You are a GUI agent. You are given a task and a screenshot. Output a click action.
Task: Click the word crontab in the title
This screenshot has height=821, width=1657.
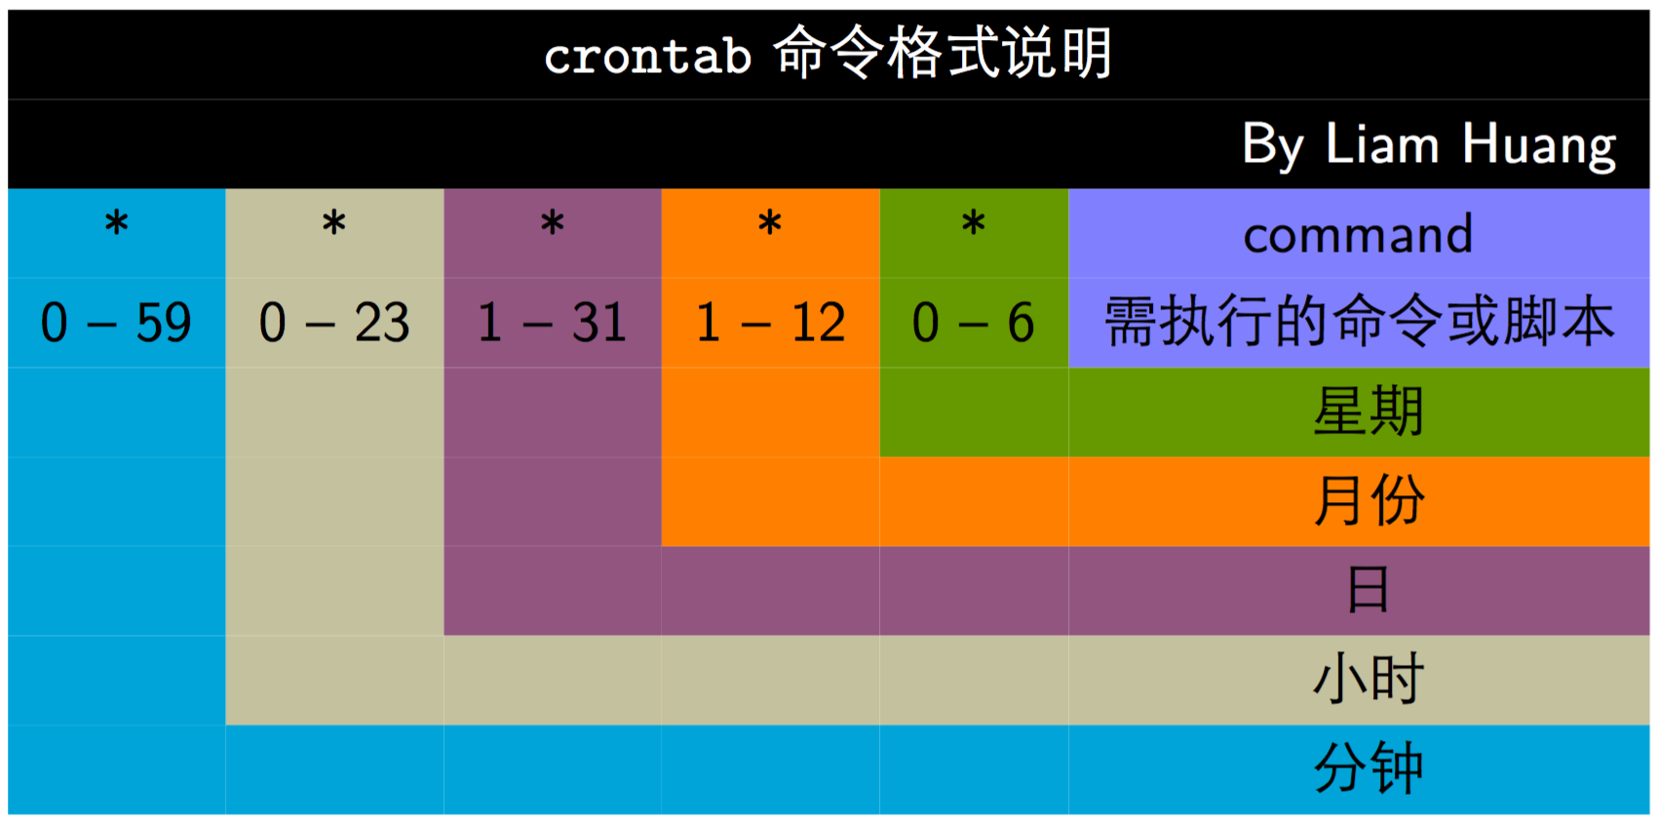click(648, 56)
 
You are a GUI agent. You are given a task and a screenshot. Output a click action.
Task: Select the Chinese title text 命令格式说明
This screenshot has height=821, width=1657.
click(942, 52)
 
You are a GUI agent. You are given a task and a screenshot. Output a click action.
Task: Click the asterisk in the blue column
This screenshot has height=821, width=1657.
click(117, 223)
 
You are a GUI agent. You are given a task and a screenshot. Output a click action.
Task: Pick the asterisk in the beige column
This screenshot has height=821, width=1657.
click(334, 223)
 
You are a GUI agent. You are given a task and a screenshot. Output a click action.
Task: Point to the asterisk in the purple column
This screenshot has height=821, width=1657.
click(553, 223)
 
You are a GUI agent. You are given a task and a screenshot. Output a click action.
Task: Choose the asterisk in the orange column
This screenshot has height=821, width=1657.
click(770, 223)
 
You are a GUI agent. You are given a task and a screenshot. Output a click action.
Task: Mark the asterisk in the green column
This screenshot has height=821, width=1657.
click(974, 223)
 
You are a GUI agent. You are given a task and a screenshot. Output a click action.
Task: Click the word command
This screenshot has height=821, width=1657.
click(1358, 234)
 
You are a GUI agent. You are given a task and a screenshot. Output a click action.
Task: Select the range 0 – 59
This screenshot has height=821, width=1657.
click(116, 323)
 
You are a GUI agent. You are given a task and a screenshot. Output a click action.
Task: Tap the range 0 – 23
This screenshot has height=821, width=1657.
click(334, 323)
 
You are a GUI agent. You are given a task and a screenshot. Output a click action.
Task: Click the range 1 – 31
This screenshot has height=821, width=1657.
click(553, 323)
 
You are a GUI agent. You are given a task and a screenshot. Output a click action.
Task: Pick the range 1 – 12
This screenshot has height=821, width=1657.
click(770, 323)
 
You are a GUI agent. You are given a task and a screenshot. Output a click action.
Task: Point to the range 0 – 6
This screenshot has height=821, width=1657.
click(974, 323)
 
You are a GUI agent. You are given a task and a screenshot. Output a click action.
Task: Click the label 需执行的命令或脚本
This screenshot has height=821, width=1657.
click(1359, 322)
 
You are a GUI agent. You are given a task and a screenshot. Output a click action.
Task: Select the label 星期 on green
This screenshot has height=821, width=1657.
click(1368, 410)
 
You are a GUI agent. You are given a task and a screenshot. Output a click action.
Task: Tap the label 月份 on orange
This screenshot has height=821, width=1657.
click(1368, 500)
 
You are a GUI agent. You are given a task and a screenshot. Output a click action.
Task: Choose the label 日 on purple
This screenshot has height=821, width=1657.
click(1368, 589)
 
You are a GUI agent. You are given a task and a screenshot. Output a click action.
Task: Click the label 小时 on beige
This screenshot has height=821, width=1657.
click(1368, 679)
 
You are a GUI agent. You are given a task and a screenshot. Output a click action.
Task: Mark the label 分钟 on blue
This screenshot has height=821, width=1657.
click(1368, 768)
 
